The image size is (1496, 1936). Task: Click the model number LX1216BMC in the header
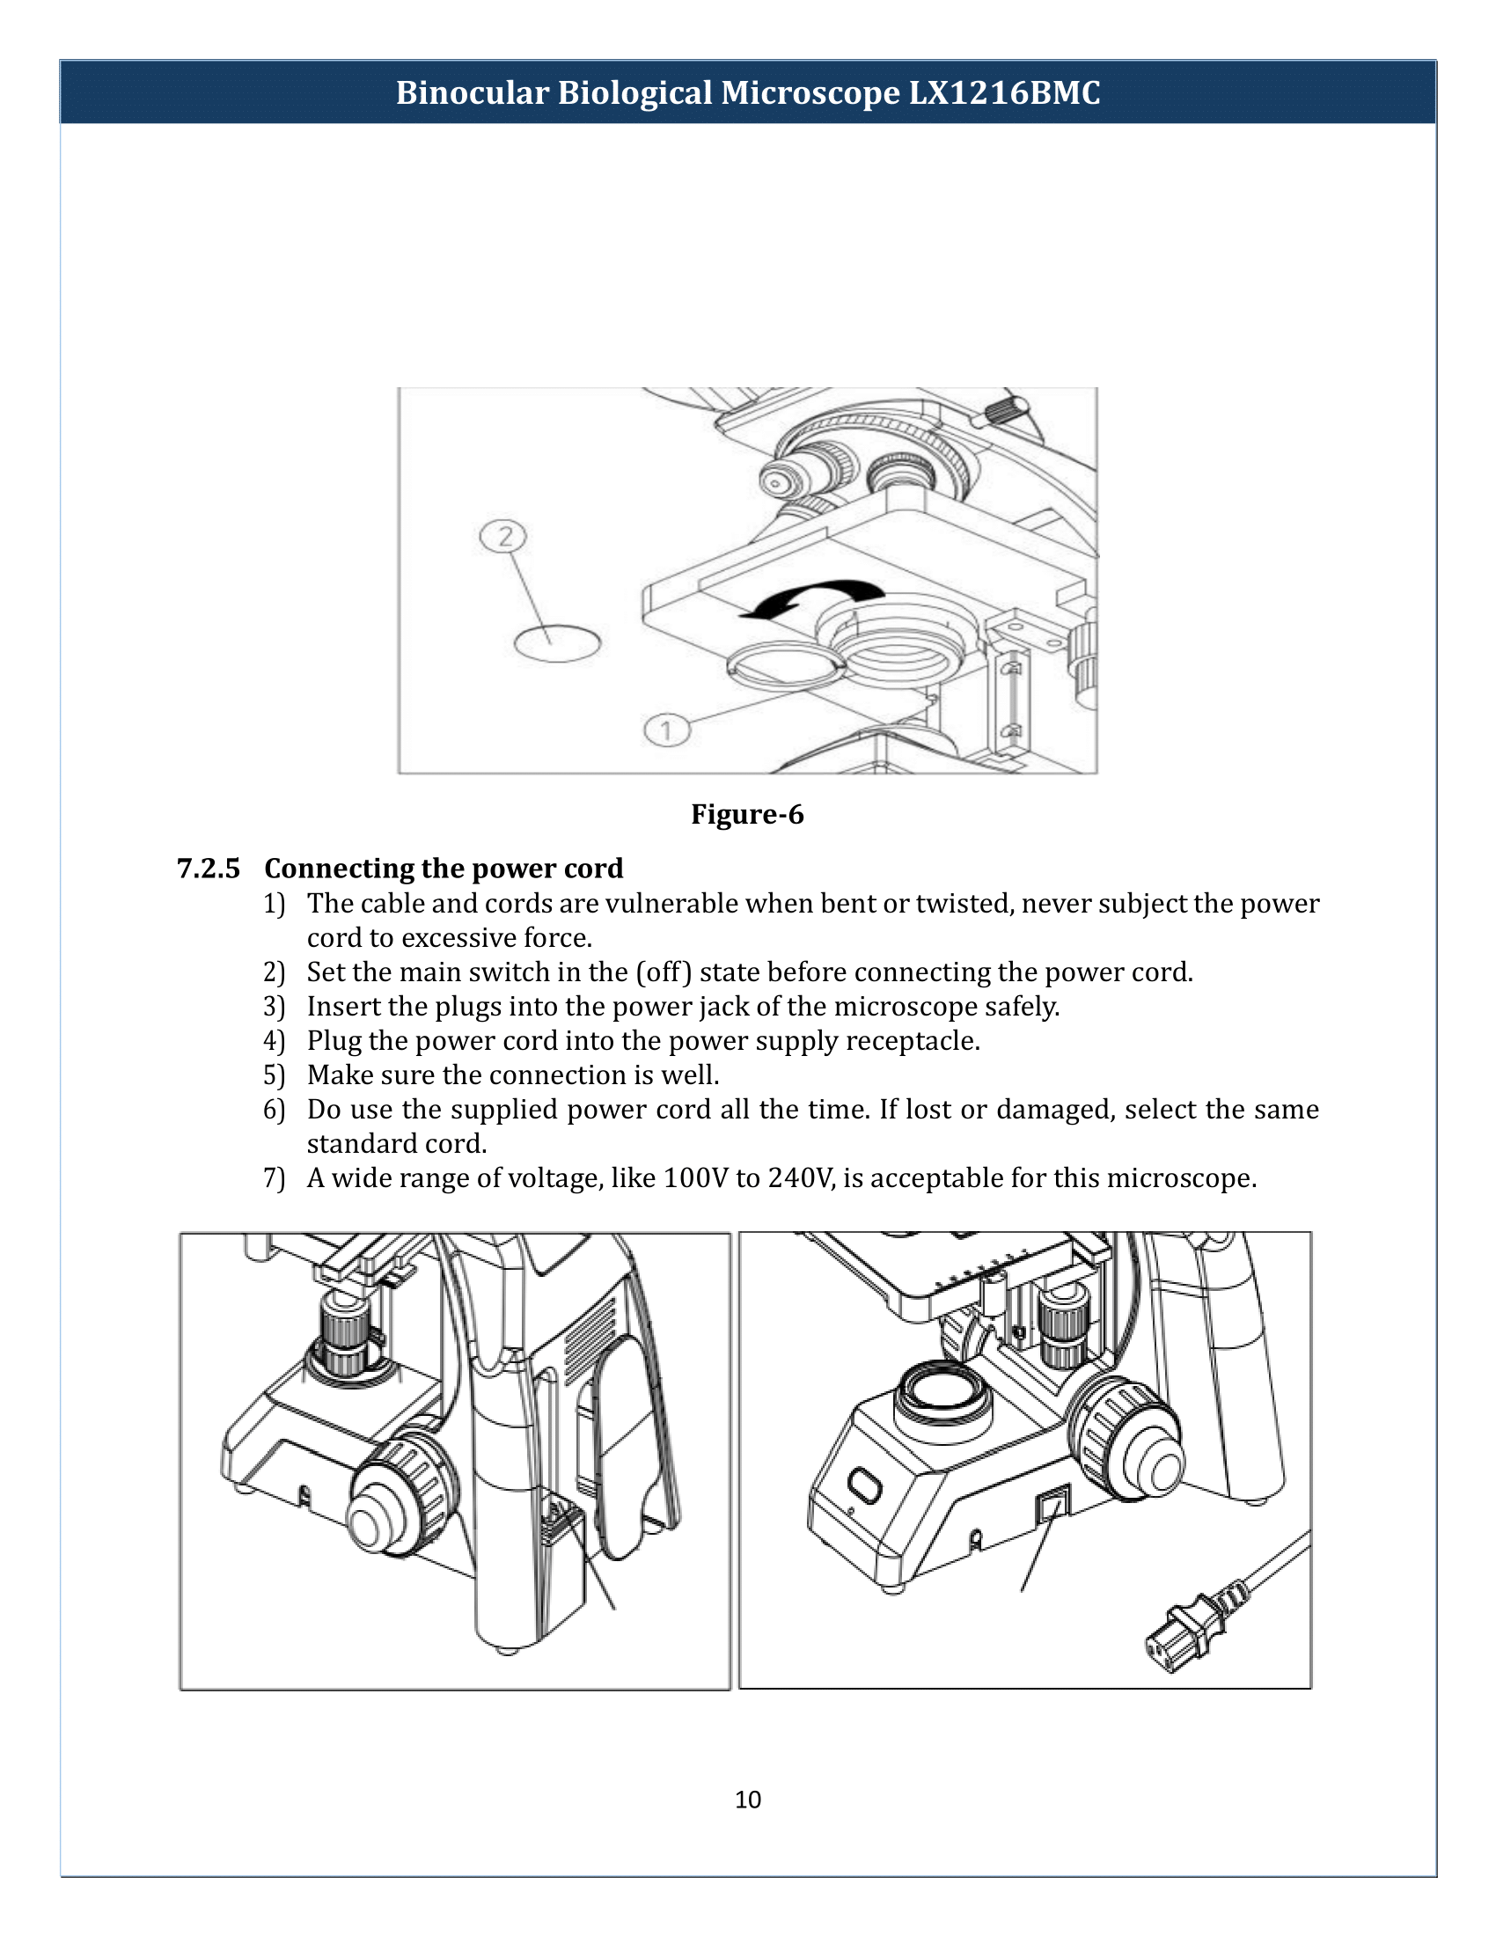pos(1004,93)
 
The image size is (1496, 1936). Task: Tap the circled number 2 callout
pos(502,536)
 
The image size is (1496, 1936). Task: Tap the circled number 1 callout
pos(666,730)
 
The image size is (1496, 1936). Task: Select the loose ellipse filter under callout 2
pos(557,643)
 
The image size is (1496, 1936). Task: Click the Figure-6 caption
pos(747,814)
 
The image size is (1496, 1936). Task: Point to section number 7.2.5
pos(209,868)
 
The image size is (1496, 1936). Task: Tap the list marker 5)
pos(274,1075)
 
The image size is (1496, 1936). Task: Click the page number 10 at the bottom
pos(747,1799)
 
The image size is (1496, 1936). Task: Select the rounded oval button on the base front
pos(865,1484)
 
